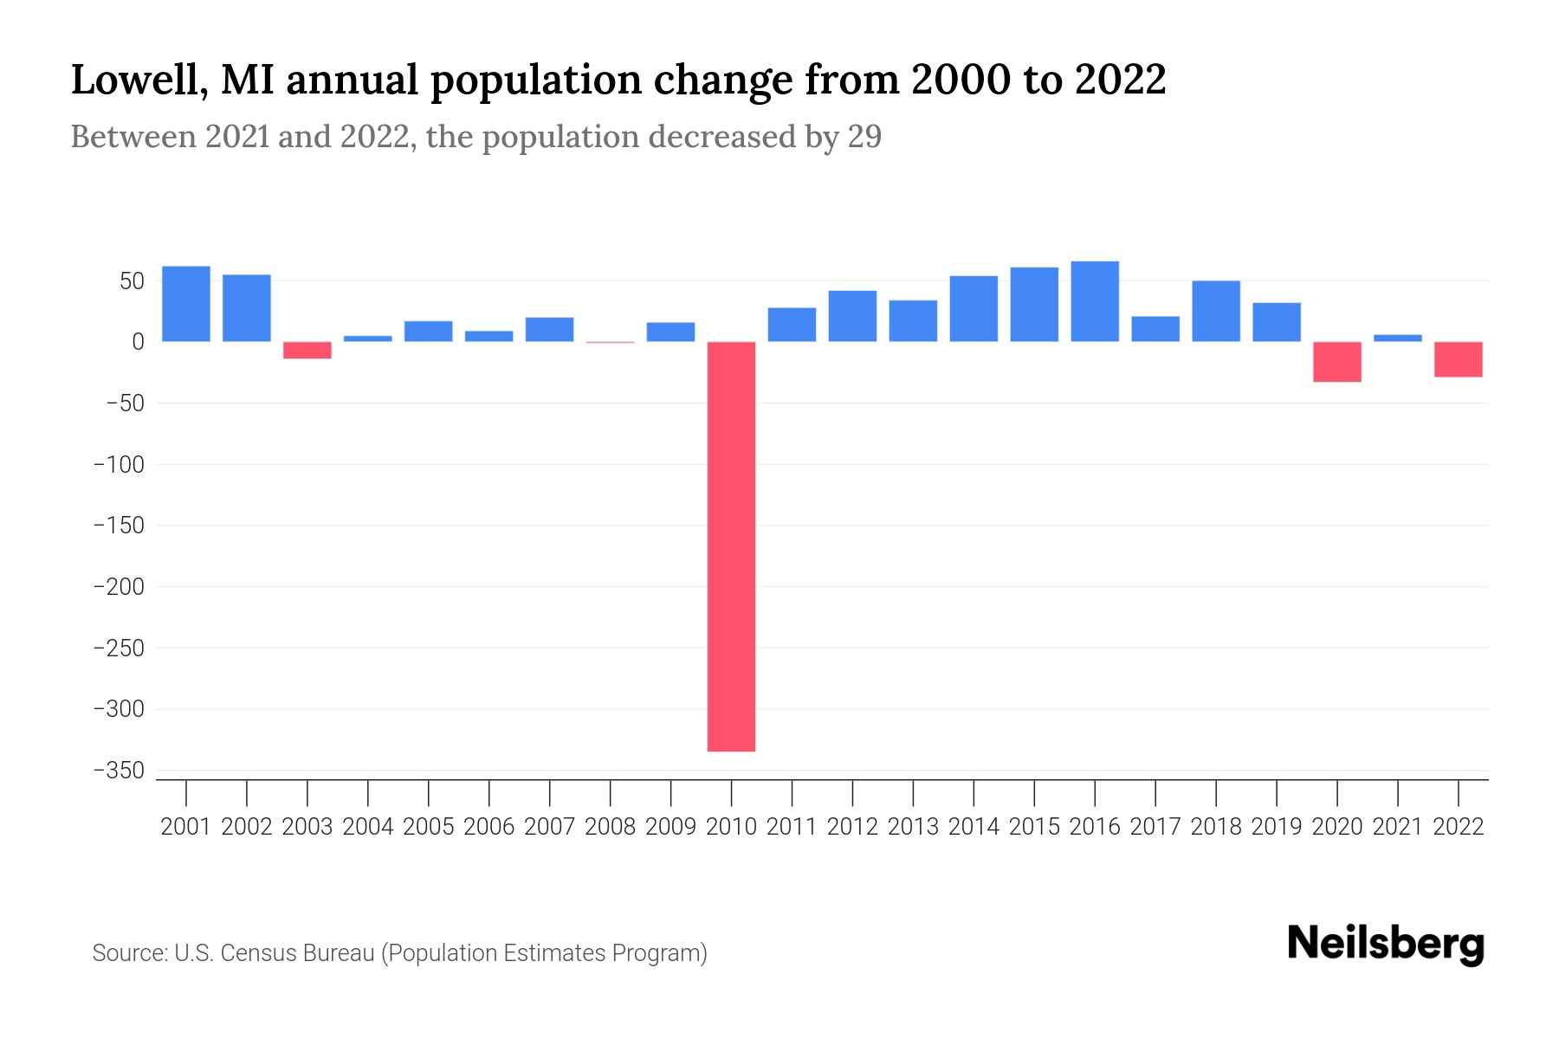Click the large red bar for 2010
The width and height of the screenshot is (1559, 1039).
(731, 546)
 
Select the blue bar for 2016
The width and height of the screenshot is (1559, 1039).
(1095, 301)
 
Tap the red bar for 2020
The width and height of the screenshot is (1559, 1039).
(1336, 362)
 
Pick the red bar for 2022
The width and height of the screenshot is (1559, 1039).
(1458, 359)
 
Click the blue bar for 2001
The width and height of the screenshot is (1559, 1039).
(186, 304)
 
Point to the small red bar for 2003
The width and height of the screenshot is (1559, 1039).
(307, 350)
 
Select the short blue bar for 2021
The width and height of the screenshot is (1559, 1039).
(1397, 338)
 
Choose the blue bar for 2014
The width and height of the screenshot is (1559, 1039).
(974, 308)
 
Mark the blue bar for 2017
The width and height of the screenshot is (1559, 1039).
(1155, 329)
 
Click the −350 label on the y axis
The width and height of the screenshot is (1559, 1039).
(119, 771)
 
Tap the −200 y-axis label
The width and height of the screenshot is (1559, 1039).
(119, 587)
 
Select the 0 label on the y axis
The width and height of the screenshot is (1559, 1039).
(138, 342)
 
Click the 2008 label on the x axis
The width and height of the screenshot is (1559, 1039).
(610, 827)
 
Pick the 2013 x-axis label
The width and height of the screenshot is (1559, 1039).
(913, 827)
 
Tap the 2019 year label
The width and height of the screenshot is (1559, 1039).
(1276, 827)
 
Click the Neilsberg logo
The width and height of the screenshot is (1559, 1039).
(1386, 944)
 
